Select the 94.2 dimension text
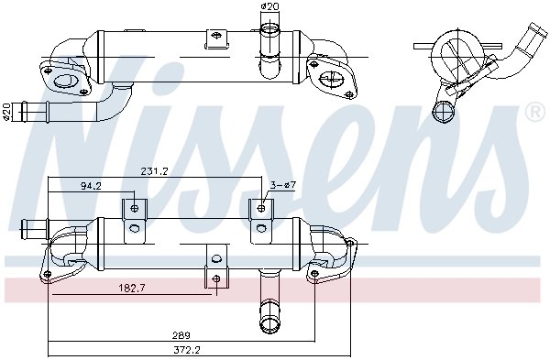click(x=91, y=186)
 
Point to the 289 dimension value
click(x=181, y=335)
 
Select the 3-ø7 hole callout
click(x=281, y=186)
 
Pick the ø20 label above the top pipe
click(x=269, y=7)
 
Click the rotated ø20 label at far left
click(x=7, y=111)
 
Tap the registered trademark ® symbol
click(x=533, y=113)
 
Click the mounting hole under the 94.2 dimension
click(x=135, y=208)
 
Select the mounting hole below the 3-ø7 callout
click(x=261, y=208)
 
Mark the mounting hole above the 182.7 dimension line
click(x=215, y=278)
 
